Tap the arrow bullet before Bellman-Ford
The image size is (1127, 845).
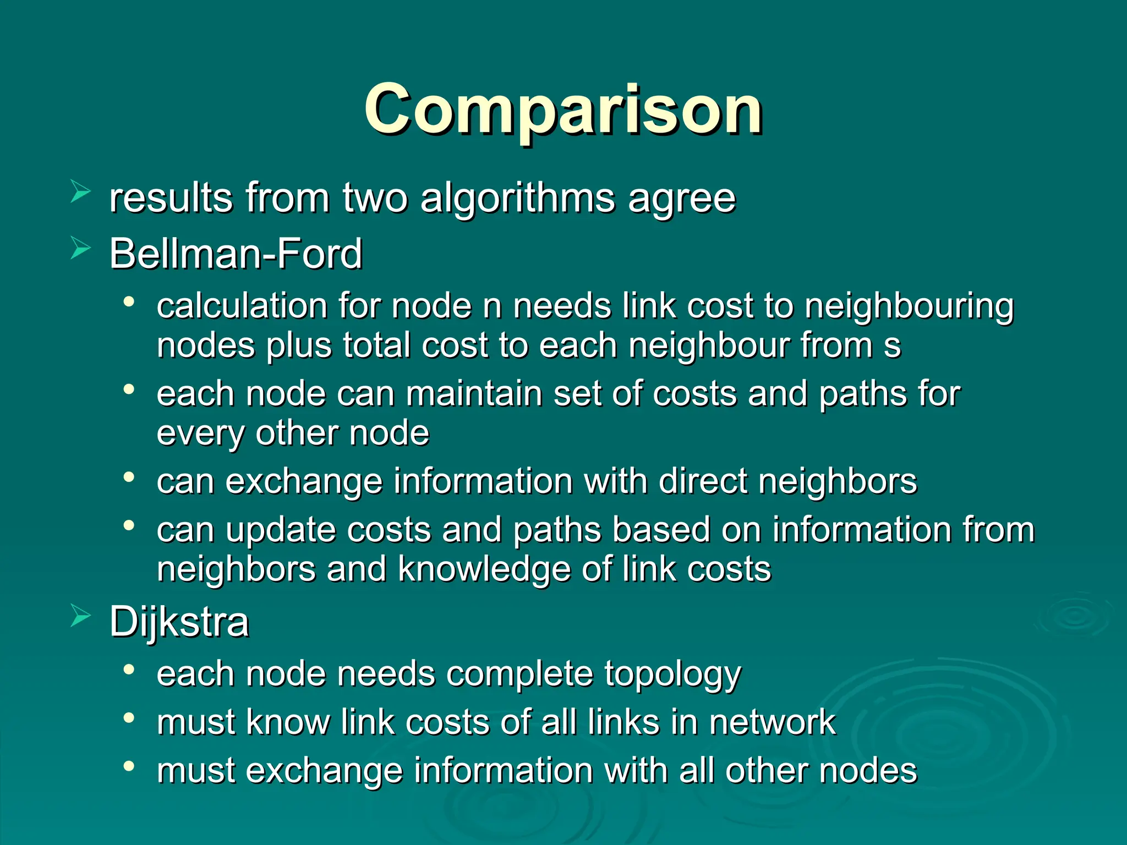point(80,248)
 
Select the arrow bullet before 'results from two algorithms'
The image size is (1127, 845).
point(80,192)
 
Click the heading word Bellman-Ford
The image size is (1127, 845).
point(236,254)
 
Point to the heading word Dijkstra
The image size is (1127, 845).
point(179,622)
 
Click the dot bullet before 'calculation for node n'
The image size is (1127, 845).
point(129,301)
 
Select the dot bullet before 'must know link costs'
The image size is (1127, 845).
point(129,717)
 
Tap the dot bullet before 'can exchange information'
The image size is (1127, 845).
point(129,476)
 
